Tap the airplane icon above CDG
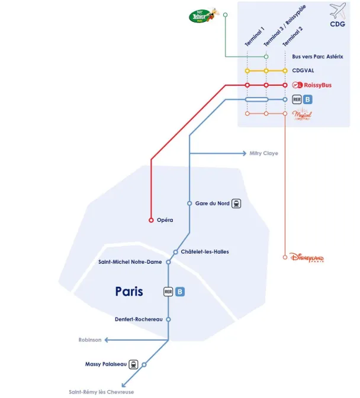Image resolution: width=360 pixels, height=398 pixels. click(337, 11)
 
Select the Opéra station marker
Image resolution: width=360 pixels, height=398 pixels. click(151, 220)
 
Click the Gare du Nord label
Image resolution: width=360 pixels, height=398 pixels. click(212, 203)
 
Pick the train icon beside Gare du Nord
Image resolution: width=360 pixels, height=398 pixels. click(237, 203)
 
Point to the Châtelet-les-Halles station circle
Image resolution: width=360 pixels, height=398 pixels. click(176, 252)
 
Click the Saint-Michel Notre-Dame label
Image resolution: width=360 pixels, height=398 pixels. click(130, 262)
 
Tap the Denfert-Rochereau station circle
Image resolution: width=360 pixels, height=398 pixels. click(168, 319)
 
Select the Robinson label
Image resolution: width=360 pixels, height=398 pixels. click(90, 340)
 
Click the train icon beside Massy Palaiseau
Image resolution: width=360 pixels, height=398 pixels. click(133, 364)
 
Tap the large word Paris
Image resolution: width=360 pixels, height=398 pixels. click(129, 292)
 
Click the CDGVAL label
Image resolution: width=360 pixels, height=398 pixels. click(303, 71)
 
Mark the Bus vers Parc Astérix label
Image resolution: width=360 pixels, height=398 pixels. click(317, 57)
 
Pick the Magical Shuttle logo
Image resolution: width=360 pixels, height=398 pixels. click(302, 114)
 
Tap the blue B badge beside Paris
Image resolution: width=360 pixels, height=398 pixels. click(181, 292)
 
